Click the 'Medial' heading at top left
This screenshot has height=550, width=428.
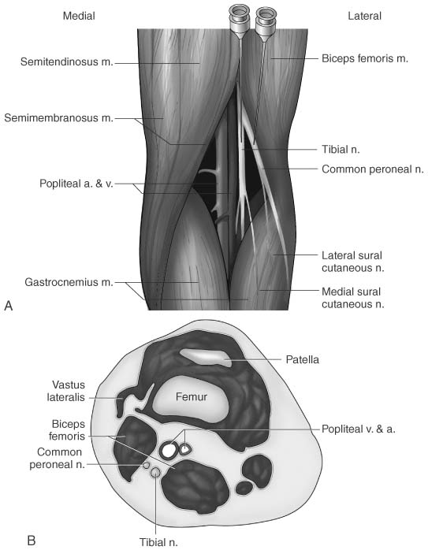pos(79,16)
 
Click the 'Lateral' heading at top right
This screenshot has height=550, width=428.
pos(364,16)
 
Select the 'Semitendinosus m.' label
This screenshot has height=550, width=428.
pos(67,62)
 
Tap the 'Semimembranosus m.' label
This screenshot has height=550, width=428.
pos(58,118)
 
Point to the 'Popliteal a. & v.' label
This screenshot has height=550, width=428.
pos(76,184)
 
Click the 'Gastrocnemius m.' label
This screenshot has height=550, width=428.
pos(69,282)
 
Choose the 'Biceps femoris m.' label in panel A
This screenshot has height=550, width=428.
pos(365,58)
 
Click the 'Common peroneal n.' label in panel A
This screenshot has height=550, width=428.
pos(373,169)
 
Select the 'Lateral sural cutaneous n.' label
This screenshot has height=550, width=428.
pos(353,262)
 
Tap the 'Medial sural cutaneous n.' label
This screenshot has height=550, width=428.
pos(353,298)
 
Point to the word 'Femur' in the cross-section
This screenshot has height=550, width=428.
pos(192,396)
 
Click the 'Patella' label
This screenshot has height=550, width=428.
pos(303,359)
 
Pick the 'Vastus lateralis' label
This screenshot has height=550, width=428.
pos(66,391)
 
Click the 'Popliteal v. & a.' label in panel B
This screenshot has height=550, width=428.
pos(359,429)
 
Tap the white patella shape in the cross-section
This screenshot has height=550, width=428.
pos(207,358)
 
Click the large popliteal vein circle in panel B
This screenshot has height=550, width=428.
pos(169,451)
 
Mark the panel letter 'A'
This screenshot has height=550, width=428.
pos(9,306)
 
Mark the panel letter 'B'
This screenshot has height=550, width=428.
pos(32,541)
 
